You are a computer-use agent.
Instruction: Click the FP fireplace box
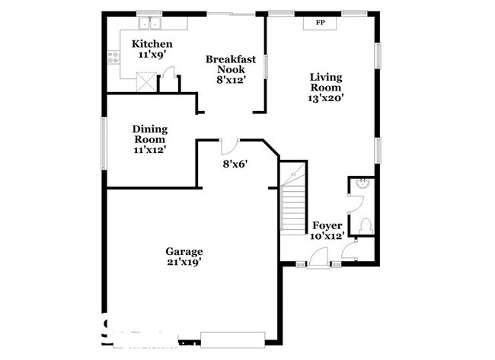[321, 22]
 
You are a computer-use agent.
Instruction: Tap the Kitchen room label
[152, 44]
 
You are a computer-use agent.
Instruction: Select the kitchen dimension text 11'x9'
[152, 56]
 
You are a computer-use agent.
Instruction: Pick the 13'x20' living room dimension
[325, 98]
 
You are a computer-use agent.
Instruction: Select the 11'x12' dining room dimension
[150, 150]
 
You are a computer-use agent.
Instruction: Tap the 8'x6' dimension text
[235, 164]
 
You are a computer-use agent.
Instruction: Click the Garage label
[184, 251]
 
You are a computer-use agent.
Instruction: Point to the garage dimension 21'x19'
[184, 263]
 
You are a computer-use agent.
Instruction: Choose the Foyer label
[327, 225]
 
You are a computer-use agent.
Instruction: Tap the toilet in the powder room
[366, 226]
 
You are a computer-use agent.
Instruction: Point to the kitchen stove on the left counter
[113, 55]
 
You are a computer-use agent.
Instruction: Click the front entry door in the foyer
[319, 263]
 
